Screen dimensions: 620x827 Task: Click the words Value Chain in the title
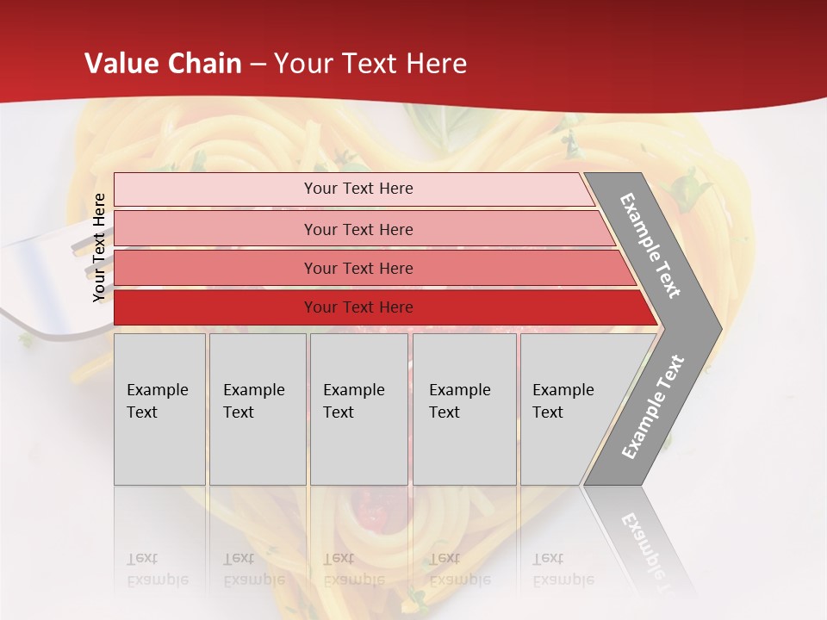pyautogui.click(x=163, y=64)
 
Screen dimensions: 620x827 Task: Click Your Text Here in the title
pyautogui.click(x=370, y=64)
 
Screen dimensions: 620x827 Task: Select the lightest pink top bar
pyautogui.click(x=215, y=189)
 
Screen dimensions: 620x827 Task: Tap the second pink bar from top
pyautogui.click(x=215, y=229)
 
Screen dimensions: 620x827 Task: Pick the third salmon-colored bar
pyautogui.click(x=215, y=268)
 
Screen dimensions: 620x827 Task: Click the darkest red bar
pyautogui.click(x=215, y=307)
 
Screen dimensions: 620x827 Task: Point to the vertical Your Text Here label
pyautogui.click(x=99, y=247)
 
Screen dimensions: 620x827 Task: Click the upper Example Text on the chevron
pyautogui.click(x=650, y=245)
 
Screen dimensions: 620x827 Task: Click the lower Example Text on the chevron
pyautogui.click(x=652, y=407)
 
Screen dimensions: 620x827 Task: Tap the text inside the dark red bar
pyautogui.click(x=358, y=307)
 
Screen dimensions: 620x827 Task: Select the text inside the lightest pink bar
pyautogui.click(x=358, y=189)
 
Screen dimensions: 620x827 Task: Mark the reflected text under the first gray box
pyautogui.click(x=157, y=569)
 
